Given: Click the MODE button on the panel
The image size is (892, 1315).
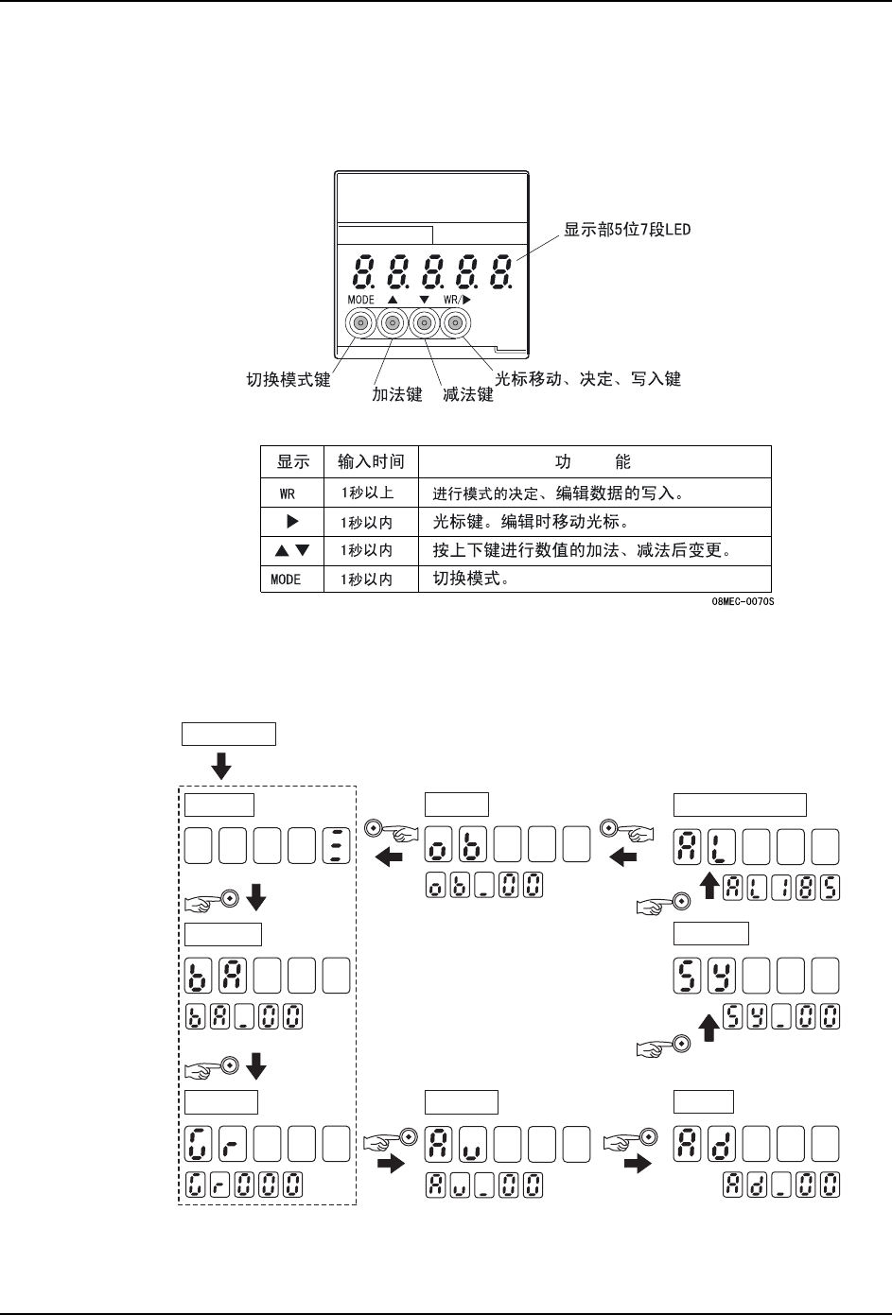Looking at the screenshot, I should tap(361, 324).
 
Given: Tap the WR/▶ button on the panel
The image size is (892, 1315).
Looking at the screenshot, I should tap(456, 324).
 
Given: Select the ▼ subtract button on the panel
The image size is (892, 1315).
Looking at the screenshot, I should tap(425, 324).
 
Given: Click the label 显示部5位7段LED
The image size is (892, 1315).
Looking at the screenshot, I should tap(627, 231).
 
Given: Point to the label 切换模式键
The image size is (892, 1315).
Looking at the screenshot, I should tap(289, 379).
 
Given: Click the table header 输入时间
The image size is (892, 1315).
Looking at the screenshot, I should tap(371, 462).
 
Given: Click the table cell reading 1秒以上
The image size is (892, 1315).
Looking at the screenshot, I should tap(370, 493).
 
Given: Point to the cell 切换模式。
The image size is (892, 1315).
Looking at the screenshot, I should tap(471, 579).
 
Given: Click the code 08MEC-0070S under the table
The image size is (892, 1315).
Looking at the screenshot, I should tap(743, 600).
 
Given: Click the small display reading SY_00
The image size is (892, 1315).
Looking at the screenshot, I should tap(782, 1017).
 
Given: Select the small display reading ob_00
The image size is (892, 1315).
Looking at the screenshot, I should tap(483, 887).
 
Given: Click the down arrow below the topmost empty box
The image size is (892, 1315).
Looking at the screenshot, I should tap(221, 765).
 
